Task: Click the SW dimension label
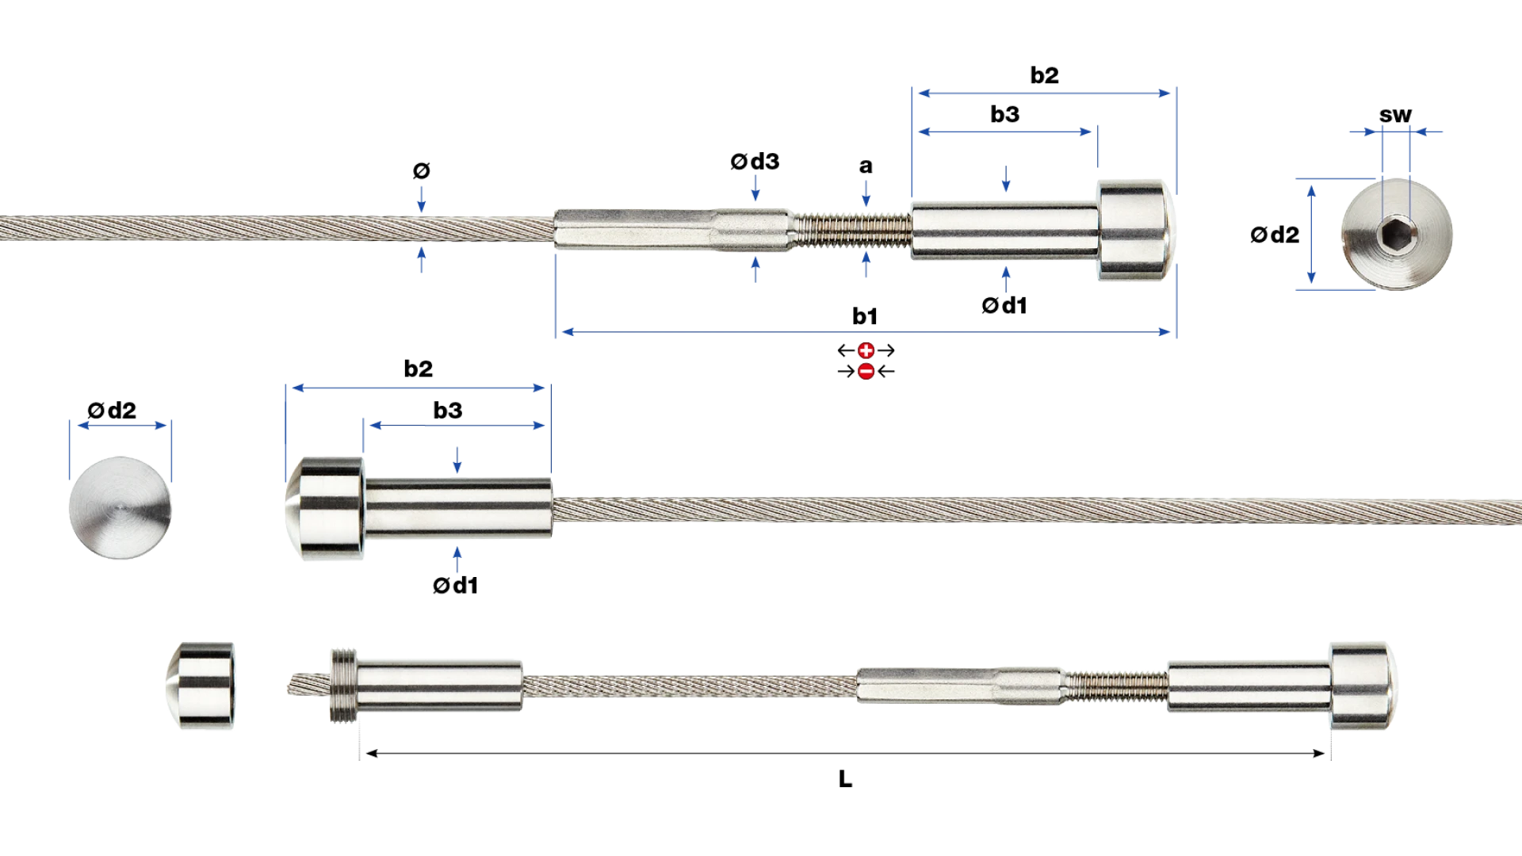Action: coord(1395,116)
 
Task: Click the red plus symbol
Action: coord(866,350)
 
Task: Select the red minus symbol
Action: coord(866,371)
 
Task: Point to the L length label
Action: coord(845,779)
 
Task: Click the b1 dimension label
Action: coord(865,316)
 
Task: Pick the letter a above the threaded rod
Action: coord(866,166)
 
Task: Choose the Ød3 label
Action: coord(755,162)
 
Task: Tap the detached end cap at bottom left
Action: coord(201,686)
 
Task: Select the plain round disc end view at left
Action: coord(120,507)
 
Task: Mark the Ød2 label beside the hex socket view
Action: coord(1275,235)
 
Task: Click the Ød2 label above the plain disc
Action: coord(112,411)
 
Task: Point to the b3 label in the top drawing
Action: coord(1004,114)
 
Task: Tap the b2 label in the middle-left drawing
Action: coord(418,369)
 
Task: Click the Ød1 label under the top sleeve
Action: coord(1004,305)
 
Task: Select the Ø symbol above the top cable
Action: coord(421,170)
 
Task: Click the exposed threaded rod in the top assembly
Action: coord(852,229)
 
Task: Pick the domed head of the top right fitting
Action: coord(1136,230)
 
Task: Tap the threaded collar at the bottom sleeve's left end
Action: coord(343,686)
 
